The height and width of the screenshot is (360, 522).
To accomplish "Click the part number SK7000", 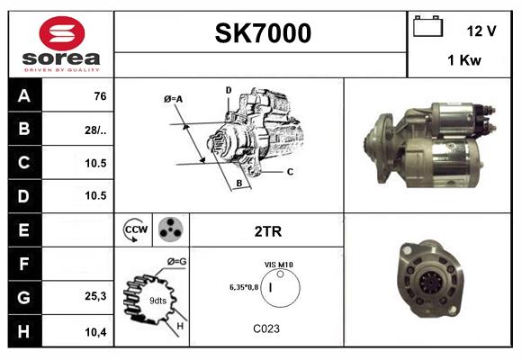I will pyautogui.click(x=262, y=33).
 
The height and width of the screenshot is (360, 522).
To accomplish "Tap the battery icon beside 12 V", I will pyautogui.click(x=427, y=28).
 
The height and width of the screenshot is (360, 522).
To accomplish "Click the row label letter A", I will pyautogui.click(x=23, y=94).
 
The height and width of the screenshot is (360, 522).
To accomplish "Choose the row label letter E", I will pyautogui.click(x=23, y=230).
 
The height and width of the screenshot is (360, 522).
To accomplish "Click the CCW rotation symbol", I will pyautogui.click(x=136, y=230).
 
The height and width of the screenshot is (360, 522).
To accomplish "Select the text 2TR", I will pyautogui.click(x=267, y=231).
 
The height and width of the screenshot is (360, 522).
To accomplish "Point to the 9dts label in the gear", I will pyautogui.click(x=157, y=300).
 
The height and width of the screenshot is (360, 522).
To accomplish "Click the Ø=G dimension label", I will pyautogui.click(x=176, y=262).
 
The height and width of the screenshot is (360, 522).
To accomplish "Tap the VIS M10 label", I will pyautogui.click(x=278, y=264).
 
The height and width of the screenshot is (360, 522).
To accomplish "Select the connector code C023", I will pyautogui.click(x=267, y=329).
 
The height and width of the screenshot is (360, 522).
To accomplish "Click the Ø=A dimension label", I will pyautogui.click(x=174, y=98).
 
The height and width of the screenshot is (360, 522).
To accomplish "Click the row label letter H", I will pyautogui.click(x=23, y=331).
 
